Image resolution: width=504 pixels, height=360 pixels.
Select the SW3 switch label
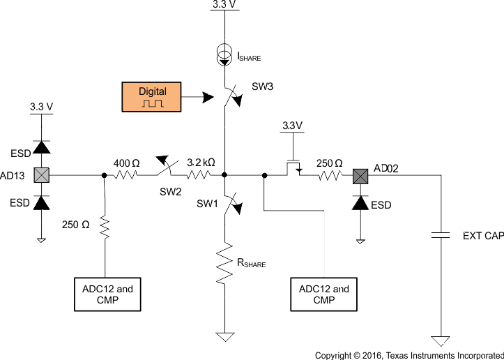click(263, 87)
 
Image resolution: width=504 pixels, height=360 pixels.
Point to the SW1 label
click(207, 204)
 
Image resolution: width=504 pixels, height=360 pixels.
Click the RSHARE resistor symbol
click(224, 263)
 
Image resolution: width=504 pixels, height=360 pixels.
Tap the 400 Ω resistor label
click(126, 163)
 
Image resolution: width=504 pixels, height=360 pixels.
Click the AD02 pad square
click(360, 176)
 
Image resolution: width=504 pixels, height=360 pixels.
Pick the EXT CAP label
click(483, 236)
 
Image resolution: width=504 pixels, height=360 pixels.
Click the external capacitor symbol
click(441, 236)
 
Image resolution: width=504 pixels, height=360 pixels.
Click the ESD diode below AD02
click(360, 203)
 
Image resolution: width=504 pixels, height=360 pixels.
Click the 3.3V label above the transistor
click(292, 126)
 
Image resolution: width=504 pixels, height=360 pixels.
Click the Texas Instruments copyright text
click(409, 355)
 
